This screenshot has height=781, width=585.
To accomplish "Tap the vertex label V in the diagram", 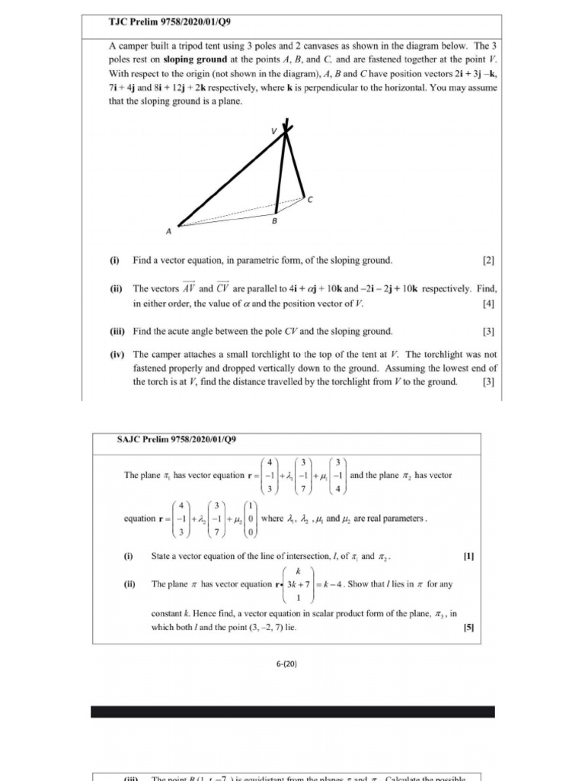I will (x=275, y=131).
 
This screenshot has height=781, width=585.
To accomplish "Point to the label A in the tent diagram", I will (x=168, y=230).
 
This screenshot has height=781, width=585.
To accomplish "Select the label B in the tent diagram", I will (x=274, y=221).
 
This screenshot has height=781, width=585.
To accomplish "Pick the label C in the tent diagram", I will (x=309, y=200).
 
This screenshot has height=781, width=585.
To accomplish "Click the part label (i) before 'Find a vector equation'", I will (x=114, y=261).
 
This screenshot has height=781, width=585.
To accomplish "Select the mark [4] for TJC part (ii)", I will (x=488, y=304).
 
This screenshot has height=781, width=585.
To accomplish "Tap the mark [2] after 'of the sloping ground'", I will (x=488, y=261).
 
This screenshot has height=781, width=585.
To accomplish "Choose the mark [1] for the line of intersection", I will (x=468, y=556).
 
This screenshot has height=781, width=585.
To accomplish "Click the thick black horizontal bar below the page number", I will (x=292, y=712).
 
